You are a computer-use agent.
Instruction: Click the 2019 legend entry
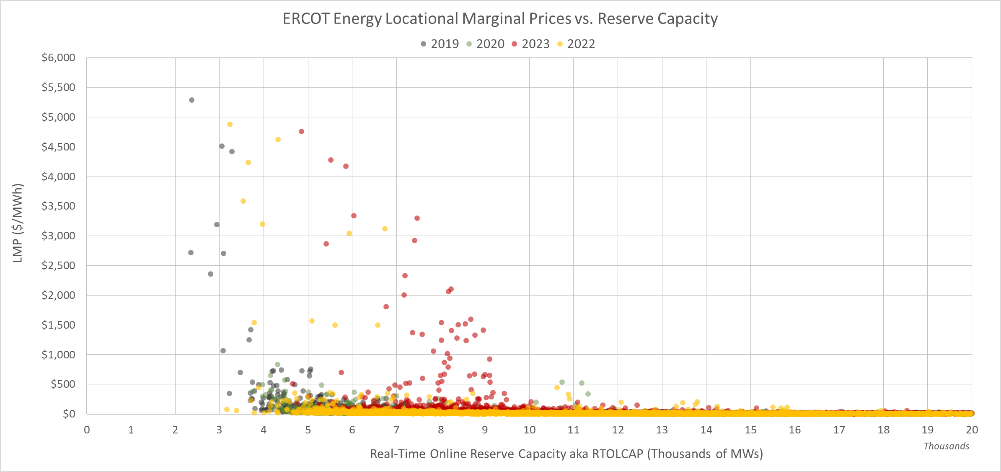pos(440,44)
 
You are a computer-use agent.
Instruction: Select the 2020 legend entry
pos(486,44)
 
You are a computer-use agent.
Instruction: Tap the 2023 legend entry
pos(531,44)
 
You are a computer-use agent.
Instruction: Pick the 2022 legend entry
pos(577,44)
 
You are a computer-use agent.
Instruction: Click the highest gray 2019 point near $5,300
pos(191,100)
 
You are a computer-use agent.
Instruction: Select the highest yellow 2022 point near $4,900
pos(230,124)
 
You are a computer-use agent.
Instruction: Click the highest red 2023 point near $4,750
pos(301,132)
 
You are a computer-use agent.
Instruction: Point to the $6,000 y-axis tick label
pos(58,58)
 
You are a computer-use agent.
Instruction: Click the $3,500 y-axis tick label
pos(58,206)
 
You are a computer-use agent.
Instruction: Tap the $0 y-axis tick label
pos(69,414)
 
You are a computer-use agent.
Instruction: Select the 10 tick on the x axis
pos(529,430)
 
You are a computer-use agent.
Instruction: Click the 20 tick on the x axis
pos(972,430)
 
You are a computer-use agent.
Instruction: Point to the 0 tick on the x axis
pos(87,430)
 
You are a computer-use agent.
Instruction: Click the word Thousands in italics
pos(946,446)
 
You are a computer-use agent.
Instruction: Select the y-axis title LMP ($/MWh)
pos(18,223)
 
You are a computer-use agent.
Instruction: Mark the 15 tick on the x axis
pos(750,430)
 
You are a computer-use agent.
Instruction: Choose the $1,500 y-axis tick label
pos(58,325)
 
